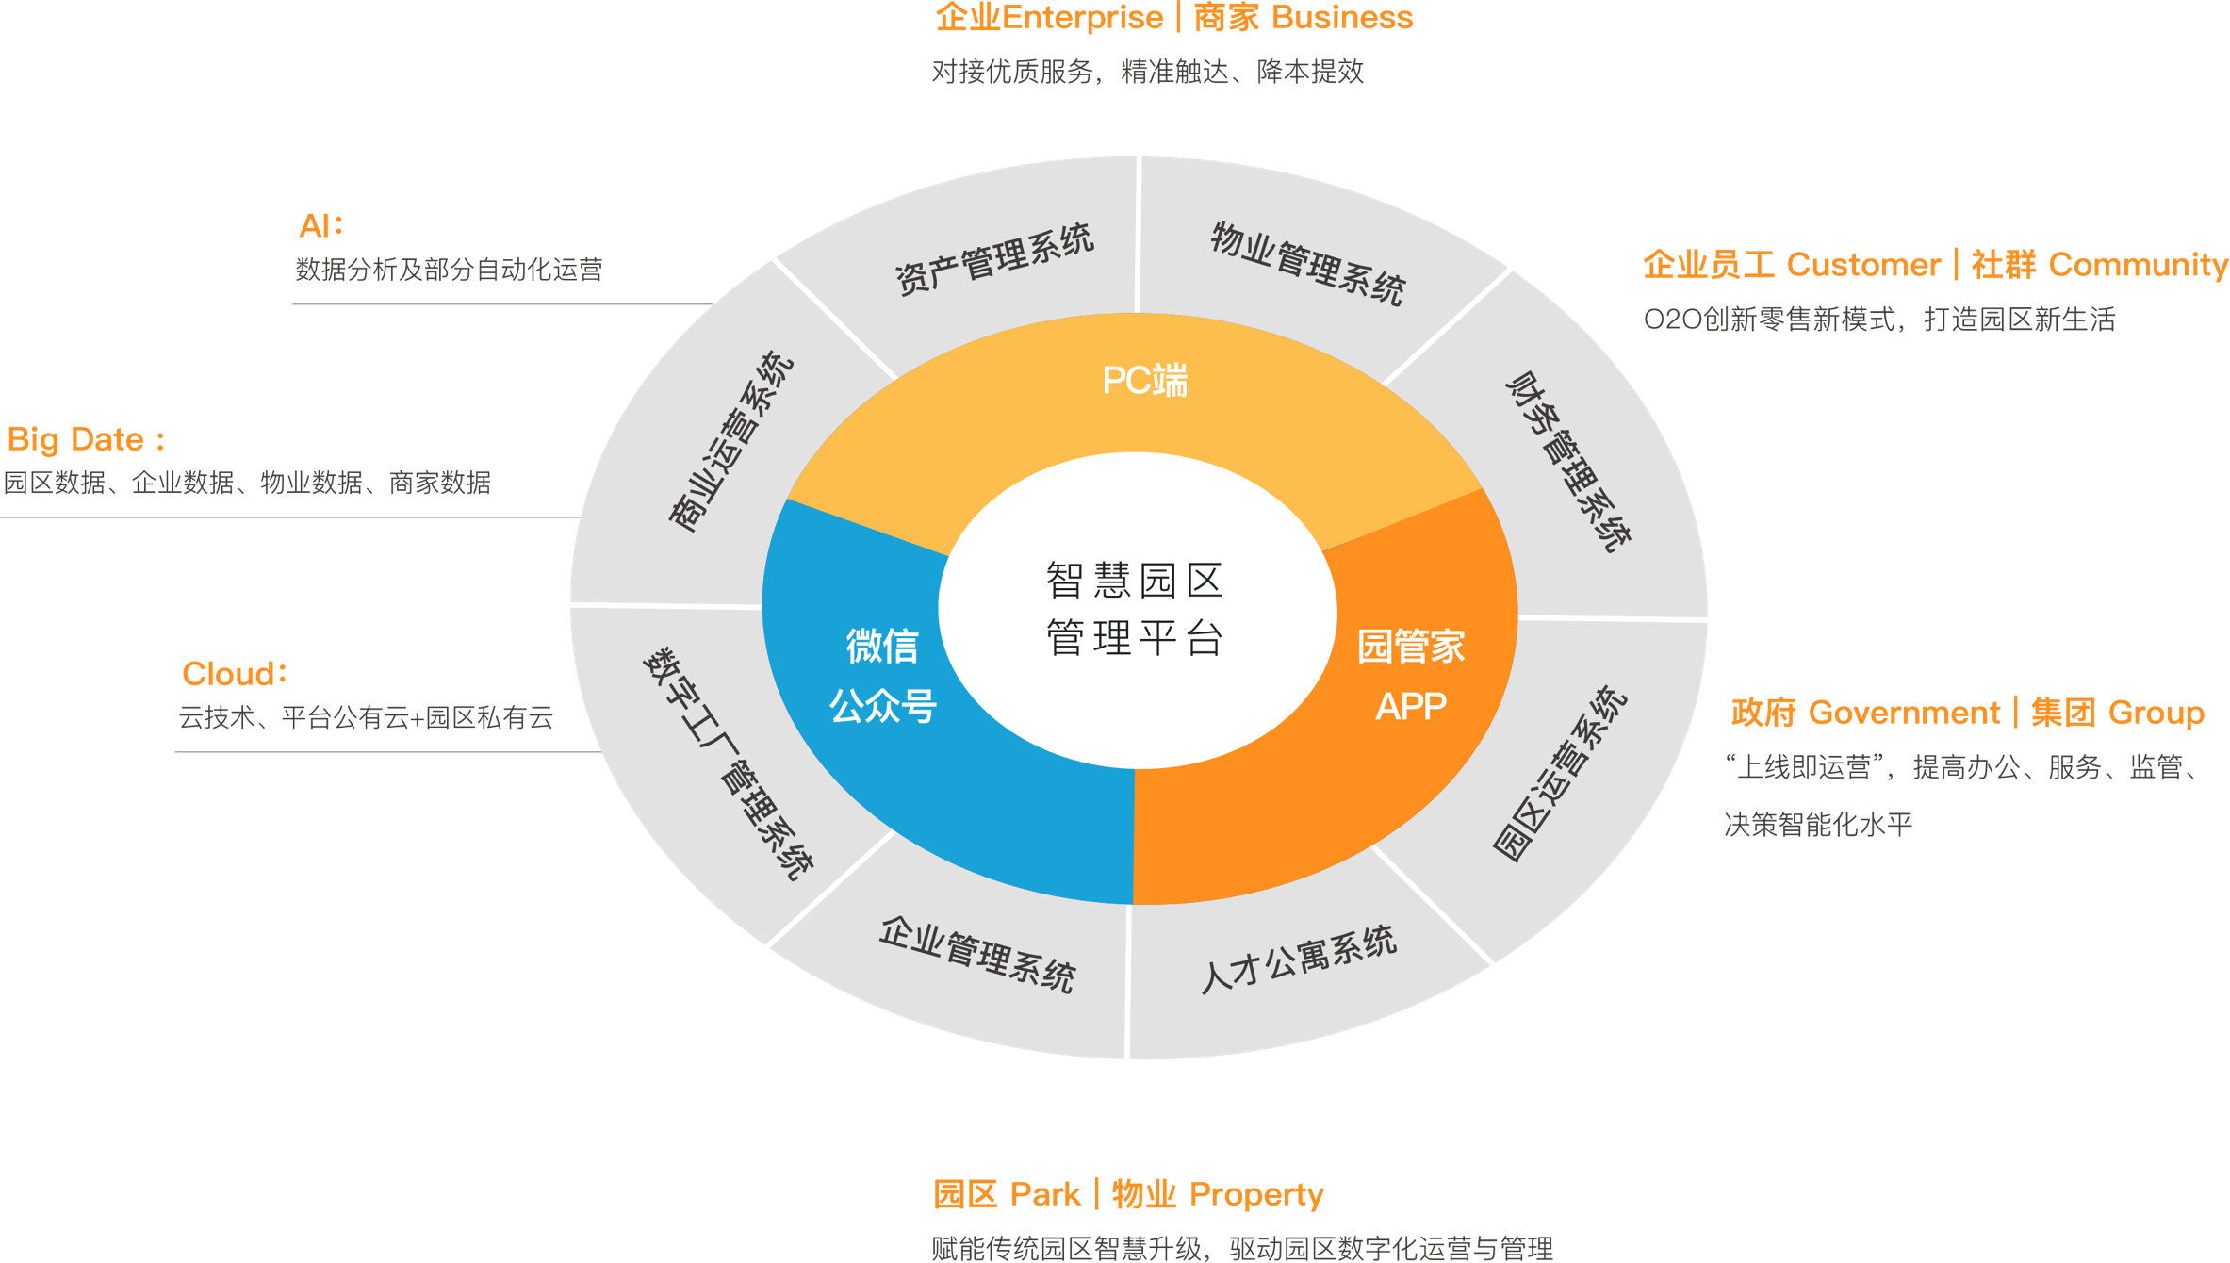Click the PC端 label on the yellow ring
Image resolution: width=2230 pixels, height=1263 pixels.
point(1145,381)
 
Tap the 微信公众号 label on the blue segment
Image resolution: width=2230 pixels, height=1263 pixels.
point(882,676)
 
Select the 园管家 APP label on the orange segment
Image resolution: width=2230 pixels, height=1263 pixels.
point(1411,676)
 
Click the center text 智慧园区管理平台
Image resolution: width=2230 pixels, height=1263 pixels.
point(1135,609)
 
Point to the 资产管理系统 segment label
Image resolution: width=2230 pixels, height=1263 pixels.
point(994,259)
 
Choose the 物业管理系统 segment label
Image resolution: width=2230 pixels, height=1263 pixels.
point(1308,265)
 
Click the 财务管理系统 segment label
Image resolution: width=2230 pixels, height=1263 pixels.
point(1568,461)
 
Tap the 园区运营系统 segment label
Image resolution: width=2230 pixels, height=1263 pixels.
point(1560,773)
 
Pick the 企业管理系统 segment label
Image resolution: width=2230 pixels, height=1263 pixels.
point(977,955)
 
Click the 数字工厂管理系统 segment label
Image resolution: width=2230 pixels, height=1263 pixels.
point(728,763)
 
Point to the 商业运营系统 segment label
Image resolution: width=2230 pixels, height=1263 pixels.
point(730,441)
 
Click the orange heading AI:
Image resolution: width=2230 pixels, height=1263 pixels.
point(320,226)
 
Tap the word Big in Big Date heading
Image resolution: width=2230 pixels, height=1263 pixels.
point(33,439)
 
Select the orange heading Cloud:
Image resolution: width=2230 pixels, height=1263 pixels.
point(234,674)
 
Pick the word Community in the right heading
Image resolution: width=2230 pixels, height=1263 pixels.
point(2138,266)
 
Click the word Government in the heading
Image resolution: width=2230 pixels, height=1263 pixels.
point(1904,713)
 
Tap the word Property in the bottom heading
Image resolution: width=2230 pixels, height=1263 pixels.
point(1256,1195)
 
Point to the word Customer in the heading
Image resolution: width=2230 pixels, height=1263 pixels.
point(1863,266)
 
